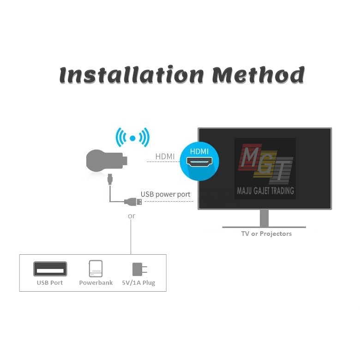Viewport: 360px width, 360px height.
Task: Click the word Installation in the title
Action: (x=132, y=75)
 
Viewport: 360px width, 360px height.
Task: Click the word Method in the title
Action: (x=258, y=75)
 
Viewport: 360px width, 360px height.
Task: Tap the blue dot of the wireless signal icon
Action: (x=132, y=138)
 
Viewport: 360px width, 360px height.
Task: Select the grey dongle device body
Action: (x=104, y=161)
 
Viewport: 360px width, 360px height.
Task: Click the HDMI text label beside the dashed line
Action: (x=165, y=157)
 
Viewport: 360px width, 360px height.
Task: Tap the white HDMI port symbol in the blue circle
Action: (x=199, y=162)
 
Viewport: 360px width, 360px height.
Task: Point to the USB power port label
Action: (x=165, y=194)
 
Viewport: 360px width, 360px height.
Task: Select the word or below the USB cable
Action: (x=132, y=216)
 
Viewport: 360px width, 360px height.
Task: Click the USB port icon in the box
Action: (x=50, y=269)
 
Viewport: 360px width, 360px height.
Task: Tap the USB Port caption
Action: (x=50, y=282)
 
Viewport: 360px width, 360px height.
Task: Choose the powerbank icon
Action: (x=96, y=269)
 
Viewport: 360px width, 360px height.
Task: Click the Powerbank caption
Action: (x=96, y=282)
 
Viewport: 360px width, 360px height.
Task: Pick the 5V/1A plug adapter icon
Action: (x=138, y=269)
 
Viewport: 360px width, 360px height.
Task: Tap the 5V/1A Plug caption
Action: (x=139, y=282)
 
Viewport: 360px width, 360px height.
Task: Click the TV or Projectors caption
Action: (x=266, y=234)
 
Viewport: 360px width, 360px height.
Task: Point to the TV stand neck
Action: (x=264, y=217)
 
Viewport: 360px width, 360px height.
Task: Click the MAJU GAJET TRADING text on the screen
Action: (x=265, y=191)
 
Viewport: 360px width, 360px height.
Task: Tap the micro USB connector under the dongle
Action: (x=110, y=178)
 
